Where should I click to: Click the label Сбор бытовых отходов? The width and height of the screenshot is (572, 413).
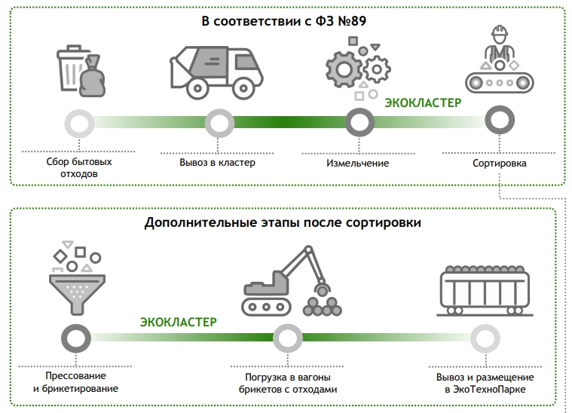coord(78,168)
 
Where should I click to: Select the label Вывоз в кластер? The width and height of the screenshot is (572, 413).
coord(218,162)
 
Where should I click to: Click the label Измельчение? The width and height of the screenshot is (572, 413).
coord(358,162)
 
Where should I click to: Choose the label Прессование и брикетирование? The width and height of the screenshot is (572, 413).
coord(75,383)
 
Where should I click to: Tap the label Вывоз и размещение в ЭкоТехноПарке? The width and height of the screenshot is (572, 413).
coord(485,383)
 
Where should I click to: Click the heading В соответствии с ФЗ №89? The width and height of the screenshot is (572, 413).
coord(285,20)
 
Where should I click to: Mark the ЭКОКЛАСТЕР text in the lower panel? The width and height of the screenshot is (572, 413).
coord(178,322)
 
